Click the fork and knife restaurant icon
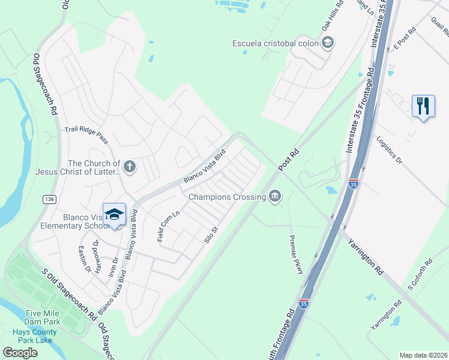tap(424, 107)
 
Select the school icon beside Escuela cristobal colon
tap(328, 43)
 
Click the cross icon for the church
tap(130, 167)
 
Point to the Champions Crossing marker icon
tap(275, 197)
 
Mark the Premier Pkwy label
tap(296, 255)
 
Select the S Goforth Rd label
tap(421, 274)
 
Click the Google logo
tap(20, 352)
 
